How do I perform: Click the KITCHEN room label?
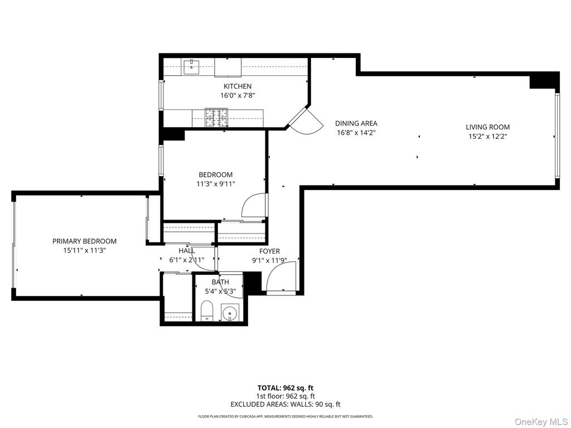238,86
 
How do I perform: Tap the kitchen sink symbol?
192,67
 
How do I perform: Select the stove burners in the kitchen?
216,118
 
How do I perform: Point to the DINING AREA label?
356,124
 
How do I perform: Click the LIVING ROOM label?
487,127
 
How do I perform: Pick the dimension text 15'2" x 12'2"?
487,136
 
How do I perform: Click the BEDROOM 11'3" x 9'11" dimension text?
215,184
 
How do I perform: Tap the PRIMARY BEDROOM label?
84,241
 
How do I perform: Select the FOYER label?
269,251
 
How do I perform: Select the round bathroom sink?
230,314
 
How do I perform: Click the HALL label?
187,251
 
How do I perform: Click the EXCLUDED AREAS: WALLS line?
285,405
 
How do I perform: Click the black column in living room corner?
543,81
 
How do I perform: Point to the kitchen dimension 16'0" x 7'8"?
238,95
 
